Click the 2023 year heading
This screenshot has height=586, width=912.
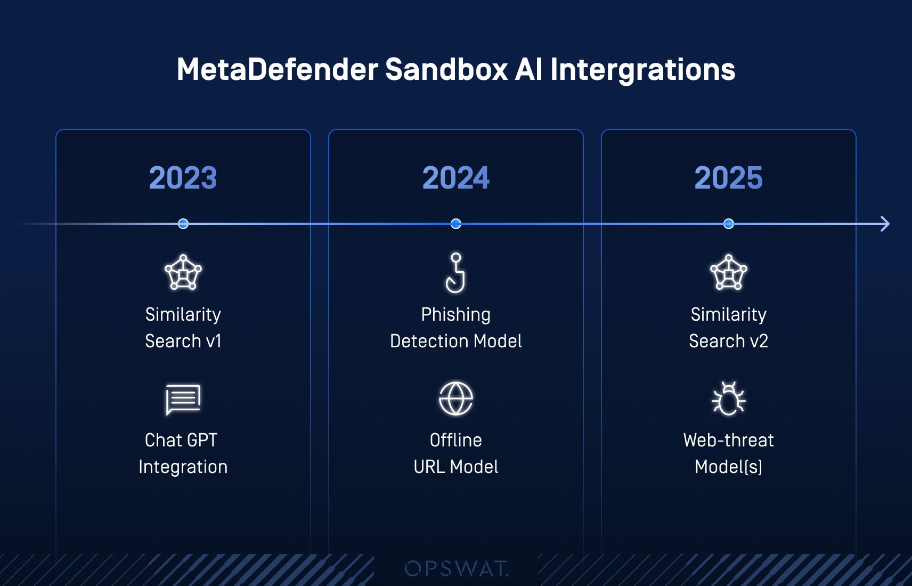[x=183, y=178]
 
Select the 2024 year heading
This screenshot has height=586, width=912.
[x=455, y=178]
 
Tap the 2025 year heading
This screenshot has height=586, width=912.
[x=728, y=178]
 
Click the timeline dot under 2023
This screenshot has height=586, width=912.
[x=183, y=224]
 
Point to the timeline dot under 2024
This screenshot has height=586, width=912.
[x=456, y=224]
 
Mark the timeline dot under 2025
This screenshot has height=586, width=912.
[x=729, y=224]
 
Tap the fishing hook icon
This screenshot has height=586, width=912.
[x=455, y=272]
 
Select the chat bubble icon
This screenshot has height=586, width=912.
[x=183, y=399]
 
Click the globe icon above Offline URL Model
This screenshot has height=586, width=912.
[x=456, y=398]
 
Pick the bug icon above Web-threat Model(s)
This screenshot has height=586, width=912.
[x=728, y=398]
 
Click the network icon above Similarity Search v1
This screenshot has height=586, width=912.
[x=183, y=272]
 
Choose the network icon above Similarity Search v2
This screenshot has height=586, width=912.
[x=728, y=272]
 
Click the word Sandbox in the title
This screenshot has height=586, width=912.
[x=446, y=69]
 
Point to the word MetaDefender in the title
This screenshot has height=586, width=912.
[x=277, y=69]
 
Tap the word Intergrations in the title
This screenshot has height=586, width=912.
[x=642, y=69]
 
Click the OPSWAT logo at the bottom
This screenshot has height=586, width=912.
[x=457, y=568]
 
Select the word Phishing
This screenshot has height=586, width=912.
[x=455, y=314]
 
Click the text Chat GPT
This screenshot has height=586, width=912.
[x=181, y=440]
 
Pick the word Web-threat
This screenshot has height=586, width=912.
[x=728, y=440]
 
